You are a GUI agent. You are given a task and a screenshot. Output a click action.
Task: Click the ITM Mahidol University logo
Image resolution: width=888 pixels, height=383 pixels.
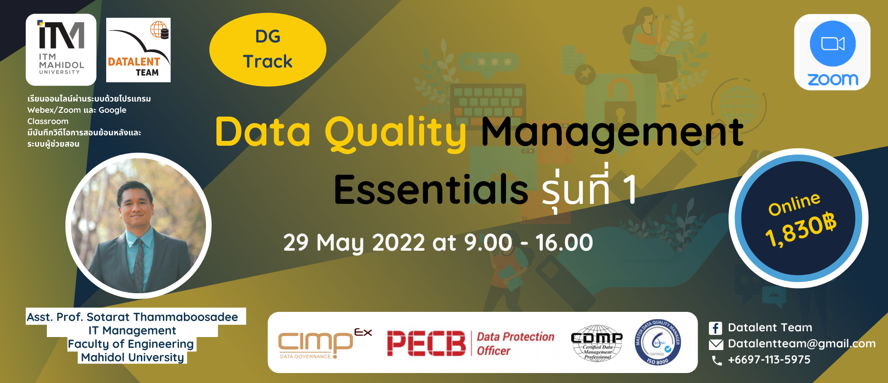(x=61, y=49)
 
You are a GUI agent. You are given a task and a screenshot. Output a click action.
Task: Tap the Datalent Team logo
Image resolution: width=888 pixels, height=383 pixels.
(x=138, y=50)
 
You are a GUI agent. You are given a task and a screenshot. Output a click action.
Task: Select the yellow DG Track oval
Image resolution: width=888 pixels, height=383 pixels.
(x=268, y=49)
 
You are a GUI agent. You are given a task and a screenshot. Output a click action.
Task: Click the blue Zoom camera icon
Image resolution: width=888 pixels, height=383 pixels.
(x=832, y=44)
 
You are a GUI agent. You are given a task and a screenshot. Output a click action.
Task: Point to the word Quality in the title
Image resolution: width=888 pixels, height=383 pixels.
(x=395, y=132)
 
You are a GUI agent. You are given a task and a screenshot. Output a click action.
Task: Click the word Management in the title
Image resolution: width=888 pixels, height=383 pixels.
(x=612, y=132)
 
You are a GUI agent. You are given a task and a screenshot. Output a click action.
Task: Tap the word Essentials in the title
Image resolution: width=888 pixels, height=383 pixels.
(x=431, y=190)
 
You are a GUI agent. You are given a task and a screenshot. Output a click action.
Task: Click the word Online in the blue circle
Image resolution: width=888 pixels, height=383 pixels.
(x=794, y=203)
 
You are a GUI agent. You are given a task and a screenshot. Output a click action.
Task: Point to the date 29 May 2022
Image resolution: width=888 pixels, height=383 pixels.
(x=354, y=242)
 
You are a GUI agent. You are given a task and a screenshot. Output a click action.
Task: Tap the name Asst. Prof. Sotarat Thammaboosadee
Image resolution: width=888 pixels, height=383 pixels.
(x=132, y=317)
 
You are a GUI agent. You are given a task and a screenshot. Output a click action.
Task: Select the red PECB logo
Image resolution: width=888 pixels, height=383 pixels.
(x=426, y=343)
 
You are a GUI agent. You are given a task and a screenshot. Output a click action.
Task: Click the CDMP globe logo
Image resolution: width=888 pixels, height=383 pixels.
(x=597, y=343)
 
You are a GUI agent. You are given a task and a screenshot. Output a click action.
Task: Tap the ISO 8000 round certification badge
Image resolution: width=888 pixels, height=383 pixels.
(x=657, y=343)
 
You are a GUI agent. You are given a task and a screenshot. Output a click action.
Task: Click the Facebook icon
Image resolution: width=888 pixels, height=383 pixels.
(x=715, y=328)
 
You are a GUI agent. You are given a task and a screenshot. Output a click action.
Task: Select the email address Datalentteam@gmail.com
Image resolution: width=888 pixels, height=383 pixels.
(x=801, y=344)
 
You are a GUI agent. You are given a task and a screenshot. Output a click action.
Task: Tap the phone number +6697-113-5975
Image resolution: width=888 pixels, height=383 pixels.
(x=769, y=360)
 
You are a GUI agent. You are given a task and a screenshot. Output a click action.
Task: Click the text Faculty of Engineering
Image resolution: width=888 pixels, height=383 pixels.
(x=131, y=344)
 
